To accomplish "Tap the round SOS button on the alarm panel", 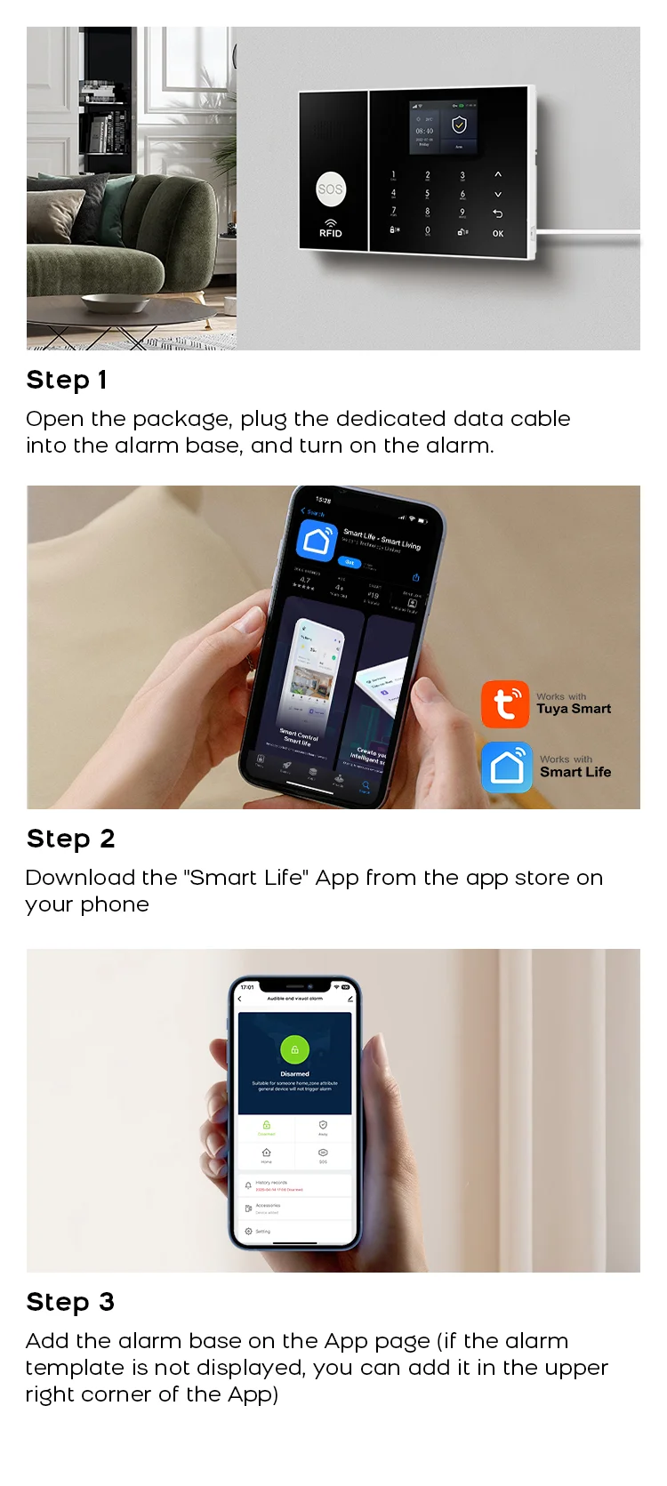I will [330, 189].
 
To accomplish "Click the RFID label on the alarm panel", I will [330, 233].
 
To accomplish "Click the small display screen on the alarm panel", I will [443, 126].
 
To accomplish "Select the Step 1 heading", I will [67, 380].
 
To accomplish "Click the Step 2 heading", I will [70, 839].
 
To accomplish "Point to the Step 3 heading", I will [70, 1302].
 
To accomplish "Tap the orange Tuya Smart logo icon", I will [505, 704].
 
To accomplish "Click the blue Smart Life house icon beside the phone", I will [507, 767].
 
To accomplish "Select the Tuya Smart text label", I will [574, 709].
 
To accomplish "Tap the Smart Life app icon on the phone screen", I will [317, 539].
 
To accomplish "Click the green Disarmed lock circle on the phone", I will [294, 1049].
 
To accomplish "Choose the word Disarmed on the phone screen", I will [294, 1073].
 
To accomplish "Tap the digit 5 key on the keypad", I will [427, 193].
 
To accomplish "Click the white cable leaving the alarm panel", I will [587, 237].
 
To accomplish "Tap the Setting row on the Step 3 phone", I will [263, 1232].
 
